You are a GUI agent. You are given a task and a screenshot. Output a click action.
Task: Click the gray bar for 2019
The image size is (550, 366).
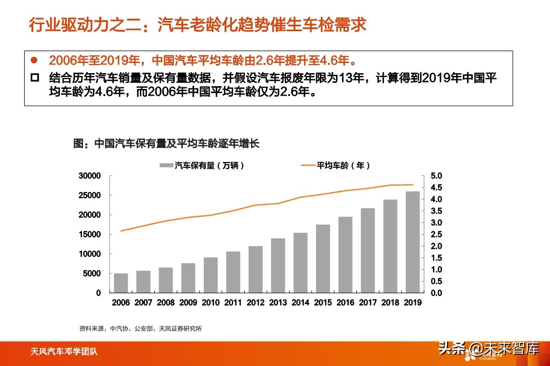(412, 242)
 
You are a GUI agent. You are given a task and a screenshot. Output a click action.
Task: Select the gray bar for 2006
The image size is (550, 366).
(121, 283)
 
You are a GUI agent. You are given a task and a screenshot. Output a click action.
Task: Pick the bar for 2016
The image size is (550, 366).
(345, 255)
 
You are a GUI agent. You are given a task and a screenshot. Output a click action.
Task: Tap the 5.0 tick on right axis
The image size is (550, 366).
(436, 176)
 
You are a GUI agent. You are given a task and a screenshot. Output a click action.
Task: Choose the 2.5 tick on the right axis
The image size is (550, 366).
(436, 235)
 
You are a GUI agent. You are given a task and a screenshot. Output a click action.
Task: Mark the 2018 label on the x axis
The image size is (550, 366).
(390, 302)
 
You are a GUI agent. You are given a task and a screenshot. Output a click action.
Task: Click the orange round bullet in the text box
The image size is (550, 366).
(35, 59)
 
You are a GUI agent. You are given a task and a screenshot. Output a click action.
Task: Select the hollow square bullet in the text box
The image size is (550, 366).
(35, 78)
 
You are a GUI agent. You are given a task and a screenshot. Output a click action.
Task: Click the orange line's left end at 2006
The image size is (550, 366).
(121, 231)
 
